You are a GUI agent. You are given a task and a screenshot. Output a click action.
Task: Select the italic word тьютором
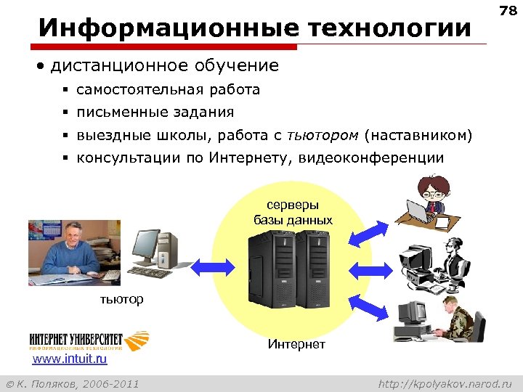(323, 135)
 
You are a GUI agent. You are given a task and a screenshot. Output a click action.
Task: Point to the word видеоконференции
(381, 158)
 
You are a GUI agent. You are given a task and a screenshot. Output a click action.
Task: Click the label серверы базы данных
(293, 213)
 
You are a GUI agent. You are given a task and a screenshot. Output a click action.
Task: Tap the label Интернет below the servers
(296, 343)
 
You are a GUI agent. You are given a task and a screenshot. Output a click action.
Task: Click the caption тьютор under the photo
(121, 299)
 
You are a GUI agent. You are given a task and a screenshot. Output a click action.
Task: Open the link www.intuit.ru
(70, 359)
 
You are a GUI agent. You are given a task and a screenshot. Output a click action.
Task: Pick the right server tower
(315, 268)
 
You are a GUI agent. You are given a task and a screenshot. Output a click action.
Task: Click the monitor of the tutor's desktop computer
(146, 248)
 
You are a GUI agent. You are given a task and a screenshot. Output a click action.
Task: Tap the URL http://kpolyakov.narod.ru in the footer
(445, 383)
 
